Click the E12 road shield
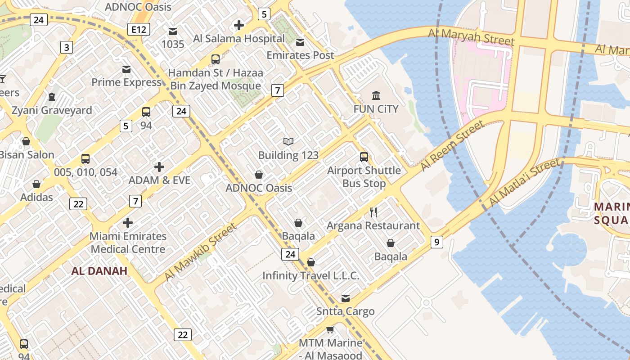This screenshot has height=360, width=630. (138, 30)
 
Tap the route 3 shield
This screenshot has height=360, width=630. (67, 47)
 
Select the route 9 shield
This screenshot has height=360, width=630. (436, 242)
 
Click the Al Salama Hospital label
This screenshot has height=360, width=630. (239, 39)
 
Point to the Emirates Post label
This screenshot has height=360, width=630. (300, 55)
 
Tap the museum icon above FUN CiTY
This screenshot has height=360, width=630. (376, 95)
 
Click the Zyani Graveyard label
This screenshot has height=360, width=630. (52, 110)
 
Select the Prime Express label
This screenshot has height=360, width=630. (126, 82)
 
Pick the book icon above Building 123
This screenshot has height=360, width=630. (288, 142)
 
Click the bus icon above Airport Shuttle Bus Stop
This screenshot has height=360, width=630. (364, 157)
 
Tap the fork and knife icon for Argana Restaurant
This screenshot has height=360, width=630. (373, 212)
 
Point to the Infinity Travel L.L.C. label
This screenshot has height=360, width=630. (311, 275)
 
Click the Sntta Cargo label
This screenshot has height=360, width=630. (346, 311)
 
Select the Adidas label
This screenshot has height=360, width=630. (36, 197)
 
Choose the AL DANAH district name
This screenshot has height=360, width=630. (99, 271)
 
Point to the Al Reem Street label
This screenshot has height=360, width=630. (451, 146)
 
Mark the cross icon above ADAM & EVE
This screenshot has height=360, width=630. (159, 167)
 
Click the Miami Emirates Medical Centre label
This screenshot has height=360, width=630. (128, 243)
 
